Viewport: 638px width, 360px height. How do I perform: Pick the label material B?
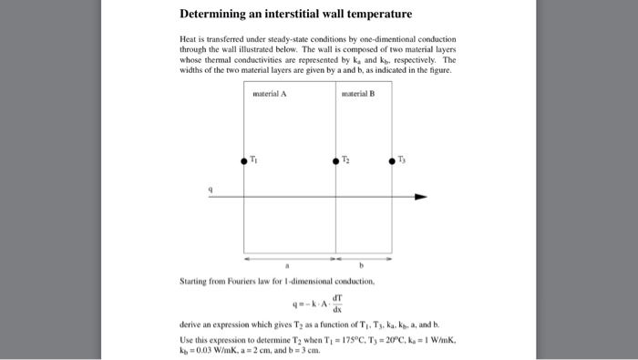(x=358, y=94)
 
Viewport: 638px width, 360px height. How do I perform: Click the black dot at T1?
(x=243, y=160)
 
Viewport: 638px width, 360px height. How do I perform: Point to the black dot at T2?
(x=334, y=160)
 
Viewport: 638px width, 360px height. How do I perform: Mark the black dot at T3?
(x=393, y=160)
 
